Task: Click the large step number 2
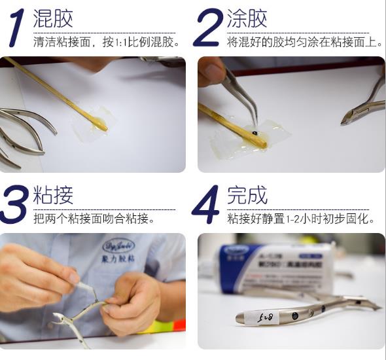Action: click(208, 28)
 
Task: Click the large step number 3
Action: click(16, 204)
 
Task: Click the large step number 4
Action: click(207, 205)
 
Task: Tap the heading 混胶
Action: click(52, 18)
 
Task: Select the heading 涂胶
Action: click(247, 18)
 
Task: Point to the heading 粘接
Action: click(52, 194)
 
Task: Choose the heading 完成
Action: click(247, 194)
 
